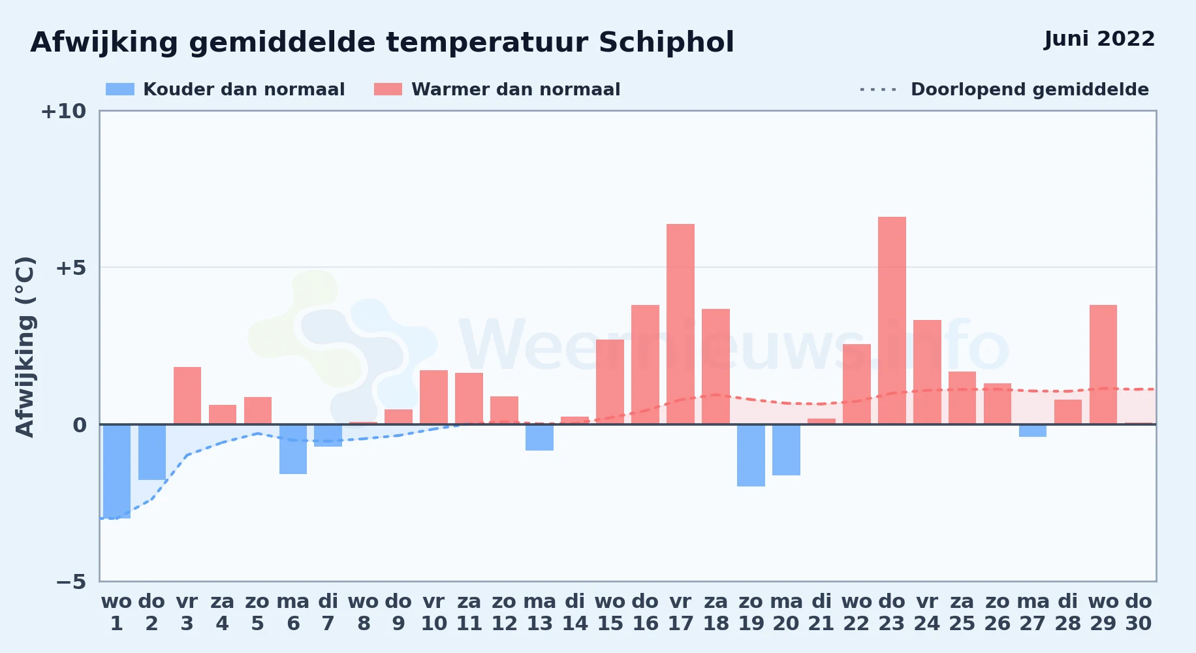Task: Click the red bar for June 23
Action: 892,320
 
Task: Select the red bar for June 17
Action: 680,324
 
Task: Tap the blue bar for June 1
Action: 117,471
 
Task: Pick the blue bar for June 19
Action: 751,455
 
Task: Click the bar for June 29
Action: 1103,364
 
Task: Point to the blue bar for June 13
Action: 539,438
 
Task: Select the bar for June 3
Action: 187,396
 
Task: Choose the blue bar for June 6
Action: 293,449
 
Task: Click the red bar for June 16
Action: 645,364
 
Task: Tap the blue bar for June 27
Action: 1033,430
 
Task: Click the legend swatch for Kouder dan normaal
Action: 120,89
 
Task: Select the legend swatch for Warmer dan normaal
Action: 388,89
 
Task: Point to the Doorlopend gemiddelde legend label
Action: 1030,89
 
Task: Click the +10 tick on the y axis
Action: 63,111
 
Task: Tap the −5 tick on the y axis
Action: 71,582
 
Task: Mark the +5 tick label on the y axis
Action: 71,268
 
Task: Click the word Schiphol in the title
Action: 666,43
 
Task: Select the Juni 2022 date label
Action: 1099,39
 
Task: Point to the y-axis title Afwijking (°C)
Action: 25,346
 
